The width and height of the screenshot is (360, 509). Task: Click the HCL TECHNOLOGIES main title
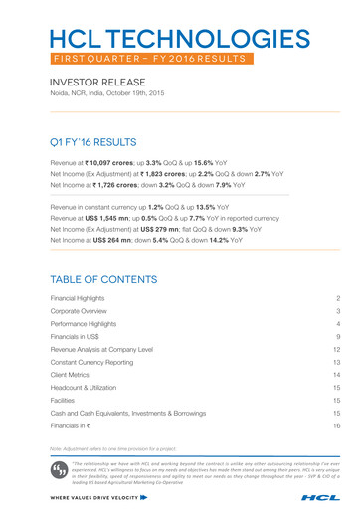point(179,40)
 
